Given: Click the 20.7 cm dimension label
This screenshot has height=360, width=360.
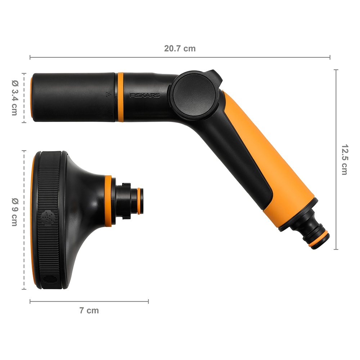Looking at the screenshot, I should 180,49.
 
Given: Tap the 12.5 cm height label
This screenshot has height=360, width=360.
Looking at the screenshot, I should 344,159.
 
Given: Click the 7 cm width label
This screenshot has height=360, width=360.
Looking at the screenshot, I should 89,310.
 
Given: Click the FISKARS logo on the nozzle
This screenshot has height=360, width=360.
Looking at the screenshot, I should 145,96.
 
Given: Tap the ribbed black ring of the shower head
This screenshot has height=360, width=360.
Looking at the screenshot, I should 49,180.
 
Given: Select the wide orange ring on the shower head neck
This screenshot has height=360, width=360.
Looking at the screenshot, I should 108,201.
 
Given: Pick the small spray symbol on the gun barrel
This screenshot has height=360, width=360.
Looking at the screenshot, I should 108,95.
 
